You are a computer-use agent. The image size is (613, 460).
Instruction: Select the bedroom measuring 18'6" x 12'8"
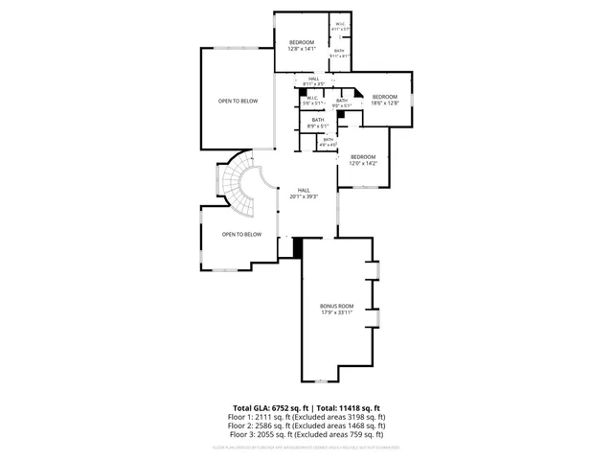(x=384, y=100)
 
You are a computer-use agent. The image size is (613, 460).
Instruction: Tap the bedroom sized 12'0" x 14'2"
(x=363, y=160)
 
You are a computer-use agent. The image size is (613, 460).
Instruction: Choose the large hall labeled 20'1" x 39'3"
(x=304, y=193)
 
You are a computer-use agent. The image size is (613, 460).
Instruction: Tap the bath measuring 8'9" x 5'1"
(x=318, y=123)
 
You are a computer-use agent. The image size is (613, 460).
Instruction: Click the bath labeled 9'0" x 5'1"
(x=342, y=103)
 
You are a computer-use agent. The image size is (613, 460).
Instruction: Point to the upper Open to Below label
(x=237, y=101)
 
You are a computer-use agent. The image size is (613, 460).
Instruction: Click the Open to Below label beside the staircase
(x=241, y=234)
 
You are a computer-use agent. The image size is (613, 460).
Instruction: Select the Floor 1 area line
(x=306, y=418)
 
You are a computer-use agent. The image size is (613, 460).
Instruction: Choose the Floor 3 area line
(x=306, y=436)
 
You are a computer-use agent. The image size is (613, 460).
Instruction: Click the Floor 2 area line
(x=306, y=426)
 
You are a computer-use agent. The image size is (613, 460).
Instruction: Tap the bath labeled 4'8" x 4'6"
(x=328, y=142)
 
